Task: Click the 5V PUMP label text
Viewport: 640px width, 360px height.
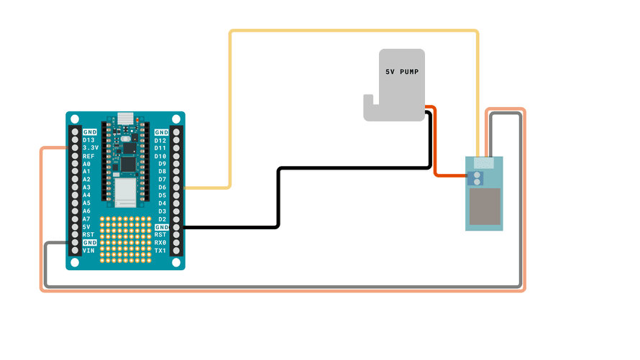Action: [402, 73]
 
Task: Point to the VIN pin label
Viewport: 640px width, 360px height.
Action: [88, 251]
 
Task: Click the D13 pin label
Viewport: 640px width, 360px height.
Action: [88, 140]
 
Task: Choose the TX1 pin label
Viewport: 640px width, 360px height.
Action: [161, 251]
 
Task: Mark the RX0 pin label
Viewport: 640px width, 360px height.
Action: [161, 243]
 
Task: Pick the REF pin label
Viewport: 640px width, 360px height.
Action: [88, 156]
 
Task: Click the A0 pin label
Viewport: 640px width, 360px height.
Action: [86, 164]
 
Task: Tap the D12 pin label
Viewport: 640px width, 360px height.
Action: [161, 140]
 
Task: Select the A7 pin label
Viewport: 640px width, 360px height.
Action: [86, 219]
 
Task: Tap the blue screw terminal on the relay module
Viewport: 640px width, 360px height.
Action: [477, 177]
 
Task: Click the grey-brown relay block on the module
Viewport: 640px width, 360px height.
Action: [485, 206]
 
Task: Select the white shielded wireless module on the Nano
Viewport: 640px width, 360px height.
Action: [124, 193]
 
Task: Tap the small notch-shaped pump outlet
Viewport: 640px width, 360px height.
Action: [370, 109]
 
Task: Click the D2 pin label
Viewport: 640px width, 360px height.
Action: [161, 219]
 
